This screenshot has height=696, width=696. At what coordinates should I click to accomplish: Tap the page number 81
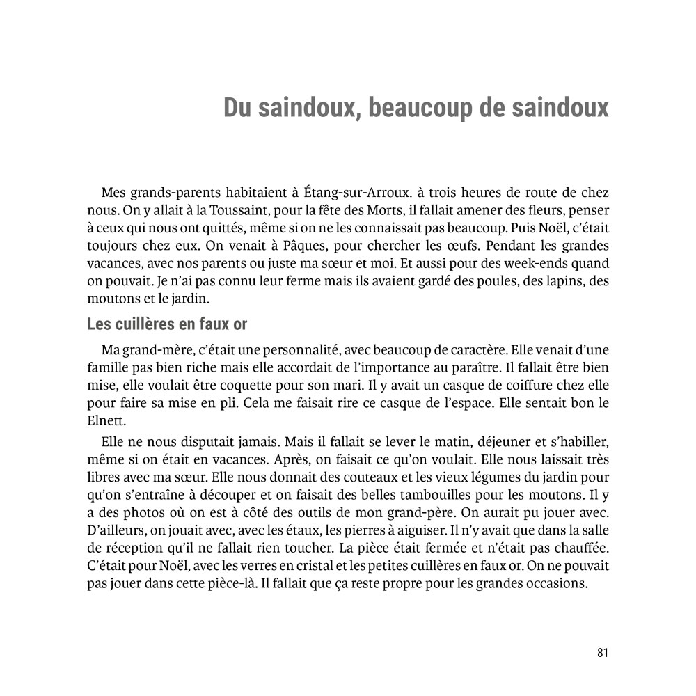(603, 652)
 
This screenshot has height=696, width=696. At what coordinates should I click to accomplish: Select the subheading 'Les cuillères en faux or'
(167, 324)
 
